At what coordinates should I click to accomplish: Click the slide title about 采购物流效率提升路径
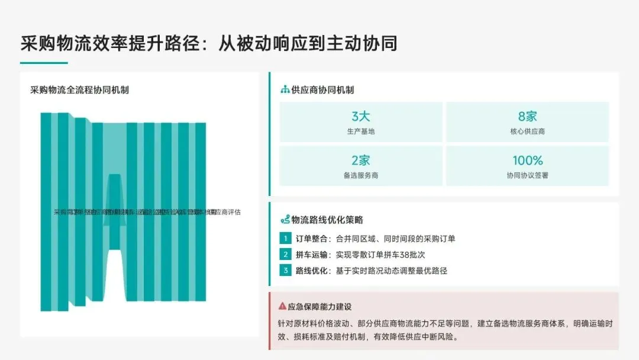208,43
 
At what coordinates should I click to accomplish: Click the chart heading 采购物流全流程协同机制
79,90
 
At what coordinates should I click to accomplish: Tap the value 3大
360,116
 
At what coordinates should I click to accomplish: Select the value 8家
527,116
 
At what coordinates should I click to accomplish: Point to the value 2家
360,160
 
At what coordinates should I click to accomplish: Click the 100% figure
527,160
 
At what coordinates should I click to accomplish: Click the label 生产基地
360,131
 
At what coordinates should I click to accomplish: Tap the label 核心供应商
527,131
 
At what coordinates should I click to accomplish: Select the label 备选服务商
360,175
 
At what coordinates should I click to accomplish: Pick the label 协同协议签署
527,175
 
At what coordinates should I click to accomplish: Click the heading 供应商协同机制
322,90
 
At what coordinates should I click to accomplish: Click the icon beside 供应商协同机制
285,90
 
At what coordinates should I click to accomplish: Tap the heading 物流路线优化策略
327,220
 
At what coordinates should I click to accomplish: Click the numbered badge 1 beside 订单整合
285,239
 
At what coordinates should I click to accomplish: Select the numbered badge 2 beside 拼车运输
285,255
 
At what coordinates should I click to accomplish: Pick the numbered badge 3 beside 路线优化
285,271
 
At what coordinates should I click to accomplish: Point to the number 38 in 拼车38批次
401,255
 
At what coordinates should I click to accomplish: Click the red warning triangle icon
282,307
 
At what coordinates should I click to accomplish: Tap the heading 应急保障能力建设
319,307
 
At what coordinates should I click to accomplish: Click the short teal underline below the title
44,63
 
